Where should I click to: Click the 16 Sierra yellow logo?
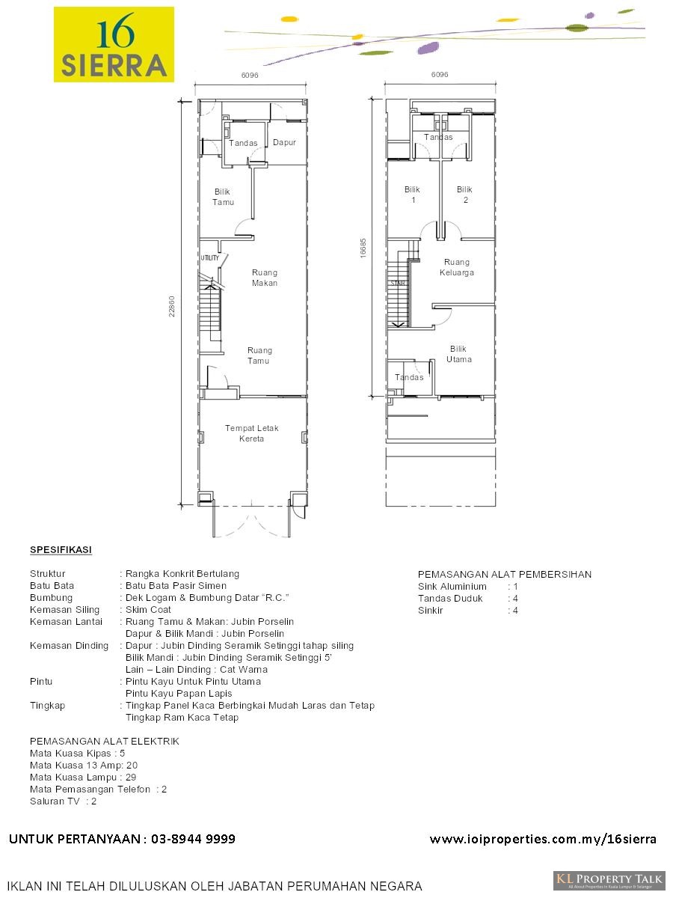coord(114,44)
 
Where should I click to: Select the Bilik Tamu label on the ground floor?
coord(223,197)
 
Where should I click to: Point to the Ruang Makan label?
coord(265,278)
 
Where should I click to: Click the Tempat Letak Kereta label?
coord(252,433)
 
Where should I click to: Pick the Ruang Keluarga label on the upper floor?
coord(457,267)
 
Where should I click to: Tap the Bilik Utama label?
coord(459,354)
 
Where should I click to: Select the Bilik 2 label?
coord(464,195)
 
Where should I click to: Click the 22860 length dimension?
coord(173,305)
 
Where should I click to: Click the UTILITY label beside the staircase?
coord(209,258)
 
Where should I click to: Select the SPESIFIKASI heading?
coord(61,550)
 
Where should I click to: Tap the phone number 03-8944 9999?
coord(193,839)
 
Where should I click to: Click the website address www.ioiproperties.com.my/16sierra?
coord(543,839)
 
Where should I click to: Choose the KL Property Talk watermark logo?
coord(609,880)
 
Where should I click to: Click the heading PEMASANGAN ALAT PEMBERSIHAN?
coord(504,575)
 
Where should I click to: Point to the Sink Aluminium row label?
coord(452,587)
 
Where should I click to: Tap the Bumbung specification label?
coord(52,598)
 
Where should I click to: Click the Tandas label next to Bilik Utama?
coord(409,377)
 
